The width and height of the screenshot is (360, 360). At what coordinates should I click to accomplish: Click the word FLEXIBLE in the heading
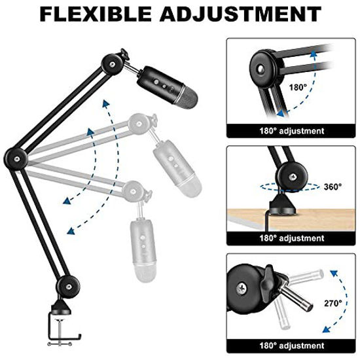96,14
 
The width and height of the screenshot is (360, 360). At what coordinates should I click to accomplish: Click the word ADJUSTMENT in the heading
240,14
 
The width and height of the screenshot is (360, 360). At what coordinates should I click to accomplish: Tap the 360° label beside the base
333,187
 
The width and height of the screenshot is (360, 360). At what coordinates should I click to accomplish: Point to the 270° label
333,303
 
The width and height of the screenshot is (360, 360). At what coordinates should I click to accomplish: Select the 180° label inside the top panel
298,87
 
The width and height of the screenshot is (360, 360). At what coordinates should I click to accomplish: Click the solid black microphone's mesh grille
187,98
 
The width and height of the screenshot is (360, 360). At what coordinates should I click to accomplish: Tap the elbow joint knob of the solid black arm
16,159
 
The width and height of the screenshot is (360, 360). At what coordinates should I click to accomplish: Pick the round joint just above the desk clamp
68,287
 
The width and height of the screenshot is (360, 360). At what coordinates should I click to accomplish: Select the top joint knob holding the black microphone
113,64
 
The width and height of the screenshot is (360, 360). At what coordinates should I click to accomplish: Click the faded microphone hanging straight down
143,250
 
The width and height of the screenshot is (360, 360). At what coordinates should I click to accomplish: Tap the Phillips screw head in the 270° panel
242,289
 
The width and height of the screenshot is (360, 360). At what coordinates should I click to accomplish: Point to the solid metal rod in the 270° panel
296,298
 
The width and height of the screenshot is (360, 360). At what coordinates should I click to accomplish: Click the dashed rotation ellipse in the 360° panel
290,187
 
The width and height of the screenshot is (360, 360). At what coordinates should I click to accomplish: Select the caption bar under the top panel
291,131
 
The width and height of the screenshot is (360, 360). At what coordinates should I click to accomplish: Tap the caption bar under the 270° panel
291,346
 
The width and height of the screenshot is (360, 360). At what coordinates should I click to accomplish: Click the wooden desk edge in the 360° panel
291,219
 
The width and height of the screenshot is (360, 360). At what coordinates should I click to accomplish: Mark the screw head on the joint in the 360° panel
293,177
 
